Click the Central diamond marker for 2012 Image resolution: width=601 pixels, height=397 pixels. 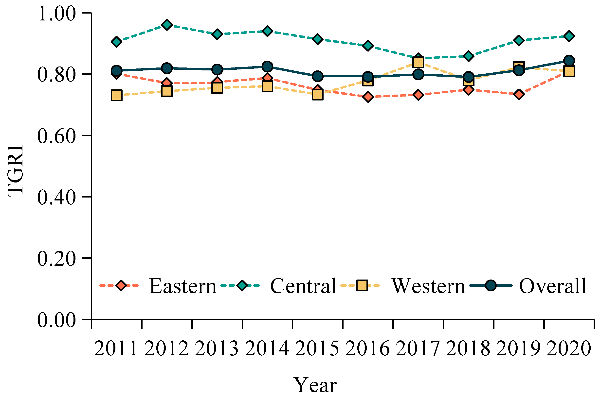[167, 25]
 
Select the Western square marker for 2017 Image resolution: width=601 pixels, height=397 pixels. [418, 62]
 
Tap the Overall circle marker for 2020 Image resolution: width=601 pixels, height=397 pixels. [569, 61]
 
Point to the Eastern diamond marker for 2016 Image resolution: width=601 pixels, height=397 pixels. [368, 97]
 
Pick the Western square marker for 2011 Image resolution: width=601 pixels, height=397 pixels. [117, 96]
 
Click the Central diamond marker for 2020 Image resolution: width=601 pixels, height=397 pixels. [569, 36]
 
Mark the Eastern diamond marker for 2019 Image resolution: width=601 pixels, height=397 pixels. [519, 94]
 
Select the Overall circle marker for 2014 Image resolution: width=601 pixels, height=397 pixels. [267, 67]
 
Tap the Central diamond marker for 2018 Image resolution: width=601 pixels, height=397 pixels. [468, 56]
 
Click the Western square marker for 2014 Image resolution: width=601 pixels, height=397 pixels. [267, 86]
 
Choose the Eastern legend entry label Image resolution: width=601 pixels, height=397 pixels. [182, 286]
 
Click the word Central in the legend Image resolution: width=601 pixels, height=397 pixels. [303, 286]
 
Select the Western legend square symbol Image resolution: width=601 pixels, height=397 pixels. [362, 286]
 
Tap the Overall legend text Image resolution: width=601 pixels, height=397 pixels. [553, 286]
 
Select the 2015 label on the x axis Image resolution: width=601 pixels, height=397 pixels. [317, 349]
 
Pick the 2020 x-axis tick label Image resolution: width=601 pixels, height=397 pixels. [569, 349]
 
